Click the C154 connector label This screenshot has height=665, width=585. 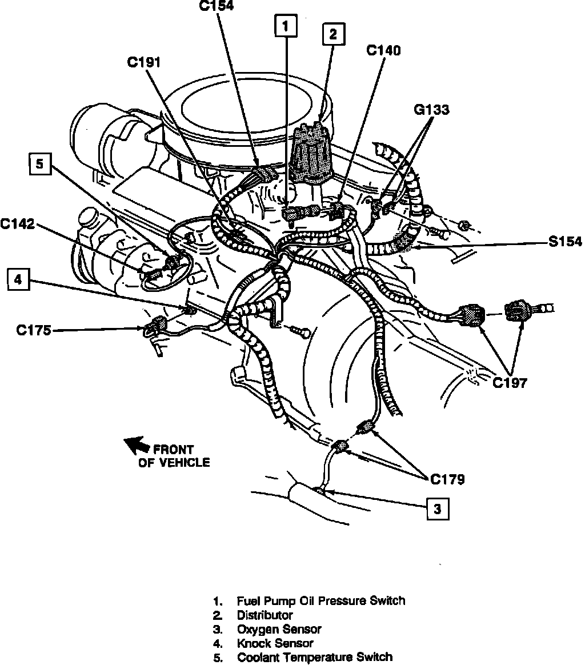[x=217, y=6]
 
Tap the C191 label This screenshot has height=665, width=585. [x=144, y=62]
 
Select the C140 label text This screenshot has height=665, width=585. [x=383, y=50]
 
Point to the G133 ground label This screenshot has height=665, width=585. [x=431, y=109]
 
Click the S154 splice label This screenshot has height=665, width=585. [x=563, y=242]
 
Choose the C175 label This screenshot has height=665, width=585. [x=33, y=330]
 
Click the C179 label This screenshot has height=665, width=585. [x=447, y=479]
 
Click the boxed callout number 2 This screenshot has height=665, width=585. [x=333, y=34]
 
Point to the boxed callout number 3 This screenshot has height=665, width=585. [x=437, y=510]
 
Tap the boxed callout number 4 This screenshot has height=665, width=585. [x=18, y=279]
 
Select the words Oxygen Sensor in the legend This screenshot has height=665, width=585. [x=279, y=629]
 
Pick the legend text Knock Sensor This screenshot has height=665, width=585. [x=275, y=643]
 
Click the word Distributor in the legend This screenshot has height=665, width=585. [x=265, y=615]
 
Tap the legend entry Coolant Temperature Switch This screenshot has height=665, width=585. [x=314, y=657]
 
